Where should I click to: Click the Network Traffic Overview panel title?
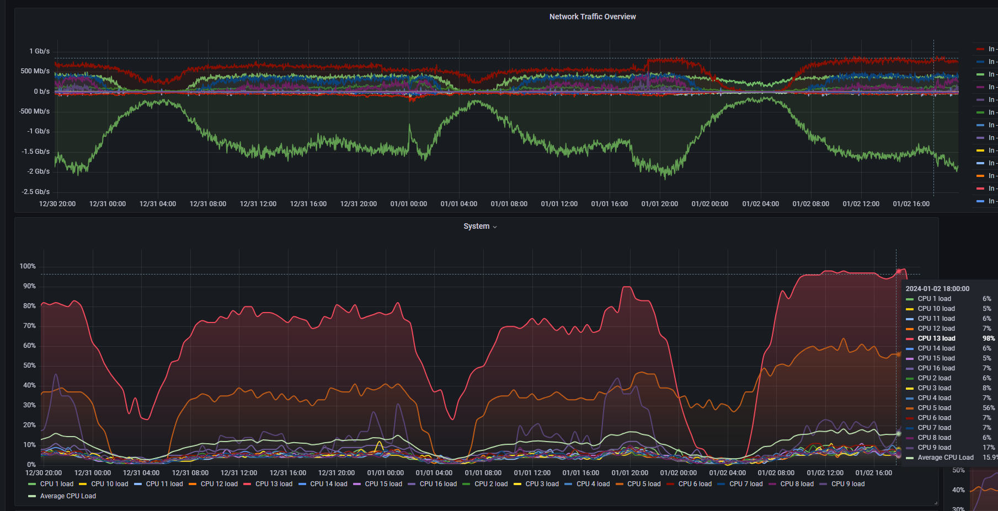click(x=593, y=17)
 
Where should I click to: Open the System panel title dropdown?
click(x=495, y=227)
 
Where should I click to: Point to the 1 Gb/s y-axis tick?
click(x=40, y=51)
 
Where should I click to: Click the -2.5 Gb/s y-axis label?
click(x=36, y=192)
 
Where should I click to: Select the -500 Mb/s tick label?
click(x=35, y=111)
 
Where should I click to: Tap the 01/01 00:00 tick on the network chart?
click(x=409, y=204)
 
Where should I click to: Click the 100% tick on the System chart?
click(x=28, y=266)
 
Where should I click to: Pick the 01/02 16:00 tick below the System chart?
click(x=874, y=473)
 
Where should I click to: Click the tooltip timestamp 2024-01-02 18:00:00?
click(x=937, y=289)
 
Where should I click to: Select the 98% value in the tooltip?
click(x=989, y=338)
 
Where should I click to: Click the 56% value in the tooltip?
click(x=989, y=408)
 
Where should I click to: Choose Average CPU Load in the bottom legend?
click(x=62, y=496)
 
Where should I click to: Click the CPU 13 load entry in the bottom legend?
click(x=268, y=484)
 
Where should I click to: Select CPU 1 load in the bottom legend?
click(x=51, y=484)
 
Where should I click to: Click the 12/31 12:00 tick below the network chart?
click(x=258, y=204)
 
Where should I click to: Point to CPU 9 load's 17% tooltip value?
click(x=989, y=448)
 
